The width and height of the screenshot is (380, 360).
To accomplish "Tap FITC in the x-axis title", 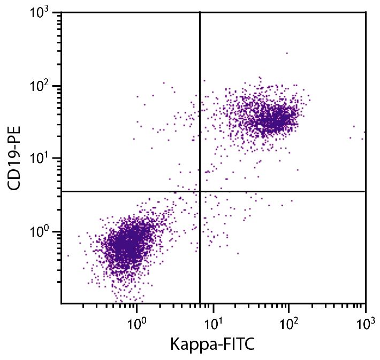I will pos(237,343).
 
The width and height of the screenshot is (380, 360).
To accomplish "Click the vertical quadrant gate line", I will pos(200,107).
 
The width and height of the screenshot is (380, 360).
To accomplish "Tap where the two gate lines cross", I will pos(200,191).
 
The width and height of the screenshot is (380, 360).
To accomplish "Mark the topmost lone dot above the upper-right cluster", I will pos(286,53).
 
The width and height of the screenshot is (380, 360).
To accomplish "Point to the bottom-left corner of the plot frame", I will pos(62,303).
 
